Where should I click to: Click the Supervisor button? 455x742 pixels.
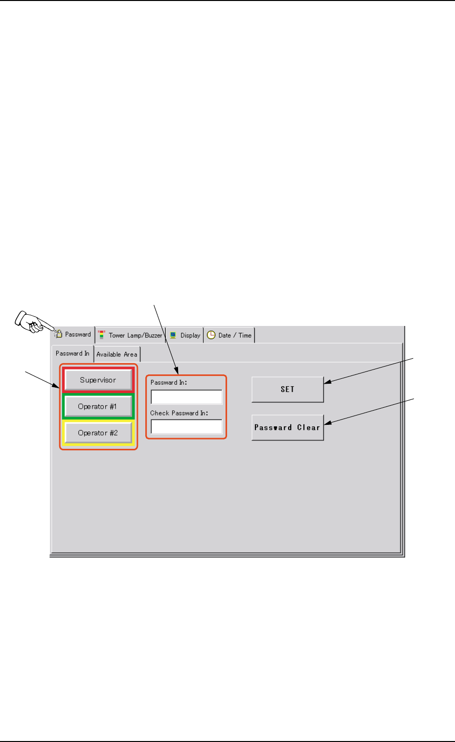point(98,380)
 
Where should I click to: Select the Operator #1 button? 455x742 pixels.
point(98,406)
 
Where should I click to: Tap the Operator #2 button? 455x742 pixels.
point(98,433)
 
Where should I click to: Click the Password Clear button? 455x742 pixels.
point(287,427)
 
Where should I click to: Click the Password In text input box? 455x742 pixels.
point(186,397)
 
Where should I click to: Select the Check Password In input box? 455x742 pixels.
point(186,427)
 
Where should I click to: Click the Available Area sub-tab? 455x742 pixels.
point(116,354)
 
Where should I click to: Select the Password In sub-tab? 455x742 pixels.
point(72,353)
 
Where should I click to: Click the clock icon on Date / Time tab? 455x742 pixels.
point(211,335)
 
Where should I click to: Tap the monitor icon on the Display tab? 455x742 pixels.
point(173,335)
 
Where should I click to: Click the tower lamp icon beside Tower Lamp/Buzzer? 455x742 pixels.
point(101,335)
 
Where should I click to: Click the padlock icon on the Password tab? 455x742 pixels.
point(58,334)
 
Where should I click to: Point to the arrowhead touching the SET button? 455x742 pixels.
point(326,382)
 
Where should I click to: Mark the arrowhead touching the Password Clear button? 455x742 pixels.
point(327,423)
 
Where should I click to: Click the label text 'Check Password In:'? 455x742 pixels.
point(179,413)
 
